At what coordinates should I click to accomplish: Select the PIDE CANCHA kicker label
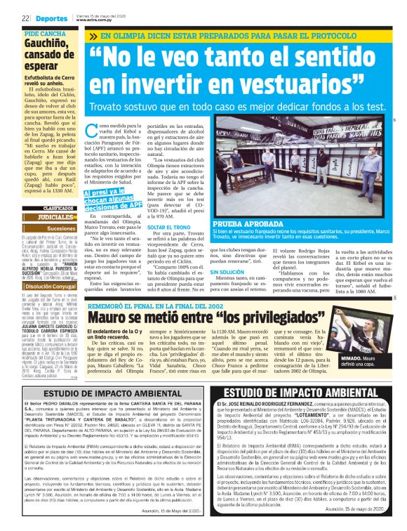[44, 34]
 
